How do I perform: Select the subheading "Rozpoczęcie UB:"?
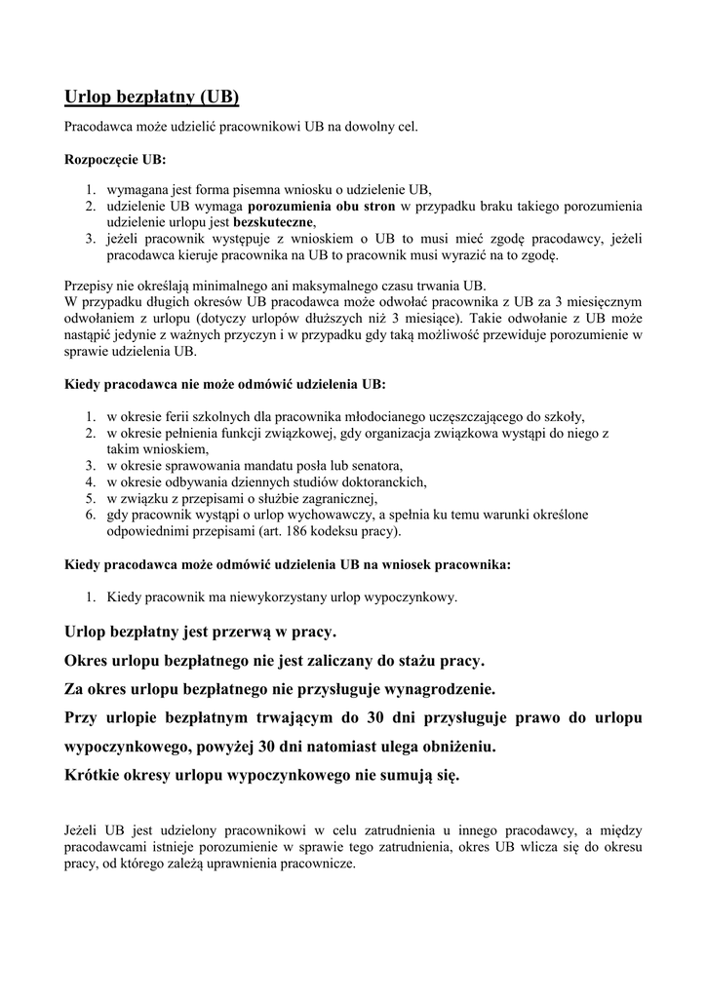coord(115,158)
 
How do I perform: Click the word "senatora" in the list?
coord(374,465)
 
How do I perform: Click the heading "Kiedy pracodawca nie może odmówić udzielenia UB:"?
coord(225,384)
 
